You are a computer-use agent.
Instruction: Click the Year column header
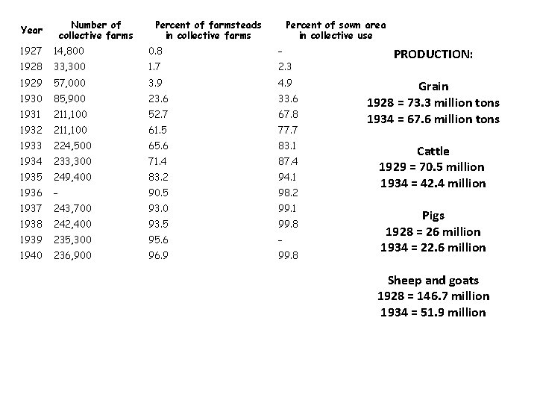[x=31, y=31]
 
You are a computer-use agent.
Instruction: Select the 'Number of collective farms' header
[x=95, y=31]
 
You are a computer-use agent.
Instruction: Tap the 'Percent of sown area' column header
[x=336, y=31]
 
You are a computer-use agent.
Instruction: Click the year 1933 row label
[x=31, y=146]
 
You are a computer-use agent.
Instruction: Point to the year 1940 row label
[x=31, y=255]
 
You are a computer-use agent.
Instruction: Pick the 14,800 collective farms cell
[x=69, y=51]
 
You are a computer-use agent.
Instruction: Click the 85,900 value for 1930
[x=69, y=99]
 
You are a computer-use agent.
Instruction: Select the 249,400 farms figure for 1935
[x=72, y=178]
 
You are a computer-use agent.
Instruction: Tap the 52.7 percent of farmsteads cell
[x=157, y=113]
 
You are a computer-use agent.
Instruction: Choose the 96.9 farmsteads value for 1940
[x=157, y=255]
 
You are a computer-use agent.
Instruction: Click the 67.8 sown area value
[x=287, y=113]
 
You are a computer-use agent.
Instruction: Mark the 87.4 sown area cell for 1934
[x=287, y=161]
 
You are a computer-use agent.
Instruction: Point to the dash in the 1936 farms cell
[x=56, y=193]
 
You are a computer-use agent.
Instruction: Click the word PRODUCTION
[x=433, y=54]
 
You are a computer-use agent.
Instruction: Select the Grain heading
[x=433, y=87]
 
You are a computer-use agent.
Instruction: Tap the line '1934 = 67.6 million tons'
[x=433, y=119]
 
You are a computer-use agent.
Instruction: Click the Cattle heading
[x=433, y=151]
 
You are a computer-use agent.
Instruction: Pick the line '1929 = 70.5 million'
[x=433, y=167]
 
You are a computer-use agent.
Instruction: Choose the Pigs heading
[x=433, y=216]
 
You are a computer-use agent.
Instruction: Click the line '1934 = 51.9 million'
[x=433, y=312]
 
